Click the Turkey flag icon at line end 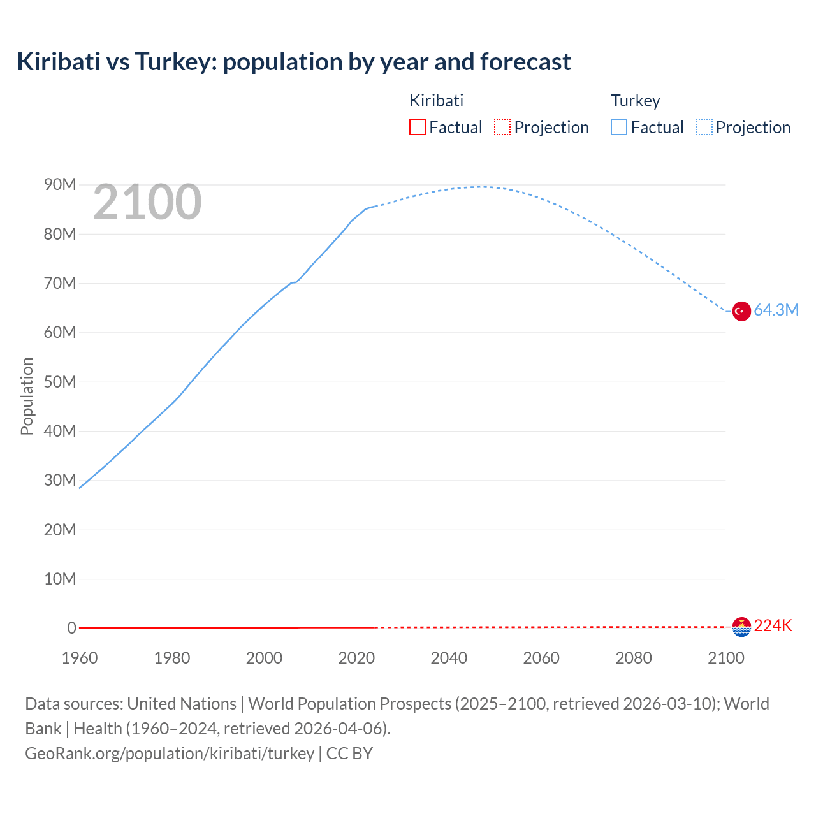coord(741,311)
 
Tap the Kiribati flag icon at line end coord(741,627)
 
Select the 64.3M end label coord(776,310)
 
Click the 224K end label coord(773,626)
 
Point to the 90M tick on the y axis coord(60,185)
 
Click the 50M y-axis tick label coord(60,382)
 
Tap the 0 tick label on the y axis coord(71,628)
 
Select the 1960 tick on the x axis coord(80,658)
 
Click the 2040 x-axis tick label coord(449,658)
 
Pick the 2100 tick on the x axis coord(725,658)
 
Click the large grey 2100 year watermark coord(147,202)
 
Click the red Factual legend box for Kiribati coord(417,127)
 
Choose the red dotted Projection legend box coord(502,127)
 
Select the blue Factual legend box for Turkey coord(619,127)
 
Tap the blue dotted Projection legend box coord(704,127)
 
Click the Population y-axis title coord(27,396)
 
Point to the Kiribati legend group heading coord(436,101)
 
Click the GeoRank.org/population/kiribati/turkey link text coord(170,754)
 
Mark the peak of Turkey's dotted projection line coord(479,187)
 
